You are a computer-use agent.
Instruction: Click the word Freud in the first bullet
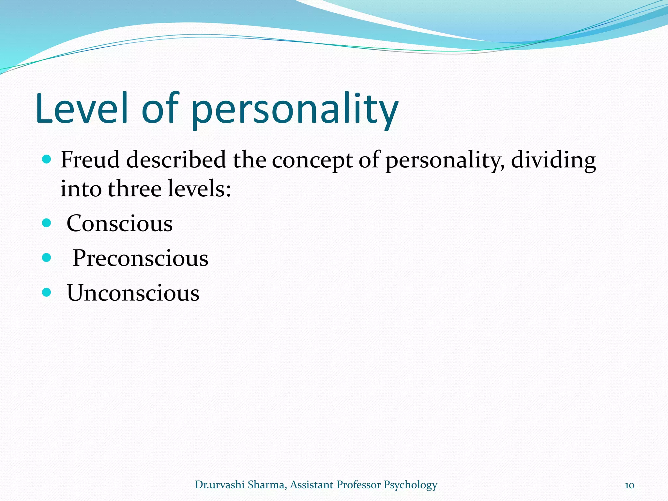click(90, 160)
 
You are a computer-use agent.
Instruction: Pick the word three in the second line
click(135, 189)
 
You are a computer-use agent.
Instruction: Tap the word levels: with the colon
click(199, 189)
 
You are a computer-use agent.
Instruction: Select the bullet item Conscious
click(119, 224)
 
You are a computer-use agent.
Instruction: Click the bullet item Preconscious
click(140, 258)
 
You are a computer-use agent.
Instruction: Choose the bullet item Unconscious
click(133, 293)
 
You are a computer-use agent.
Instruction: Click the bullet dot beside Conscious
click(47, 223)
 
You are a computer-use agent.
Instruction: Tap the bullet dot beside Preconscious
click(47, 258)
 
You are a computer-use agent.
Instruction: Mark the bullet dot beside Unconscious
click(47, 292)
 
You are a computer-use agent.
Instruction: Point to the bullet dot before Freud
click(47, 159)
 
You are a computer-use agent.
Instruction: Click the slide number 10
click(629, 485)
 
